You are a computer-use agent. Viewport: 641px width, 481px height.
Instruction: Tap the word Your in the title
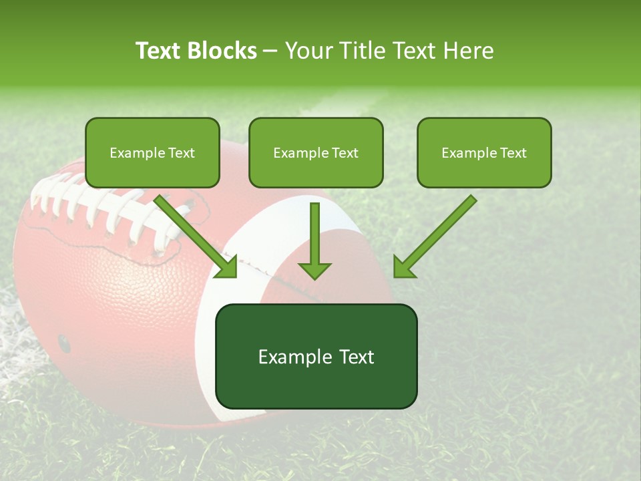tap(308, 51)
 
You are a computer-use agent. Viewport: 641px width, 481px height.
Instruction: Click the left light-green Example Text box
tap(152, 153)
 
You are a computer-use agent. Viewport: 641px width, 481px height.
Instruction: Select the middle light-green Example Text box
tap(316, 153)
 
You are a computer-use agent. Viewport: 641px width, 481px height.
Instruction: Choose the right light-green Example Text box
tap(484, 153)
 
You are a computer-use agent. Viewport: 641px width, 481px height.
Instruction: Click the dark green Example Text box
tap(316, 357)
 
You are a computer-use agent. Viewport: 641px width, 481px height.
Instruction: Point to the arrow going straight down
tap(314, 237)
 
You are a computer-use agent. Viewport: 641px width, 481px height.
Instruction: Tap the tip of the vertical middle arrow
tap(314, 277)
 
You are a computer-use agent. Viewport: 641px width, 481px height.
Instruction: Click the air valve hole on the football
tap(63, 343)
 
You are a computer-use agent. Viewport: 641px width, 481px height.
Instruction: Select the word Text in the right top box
tap(513, 153)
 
